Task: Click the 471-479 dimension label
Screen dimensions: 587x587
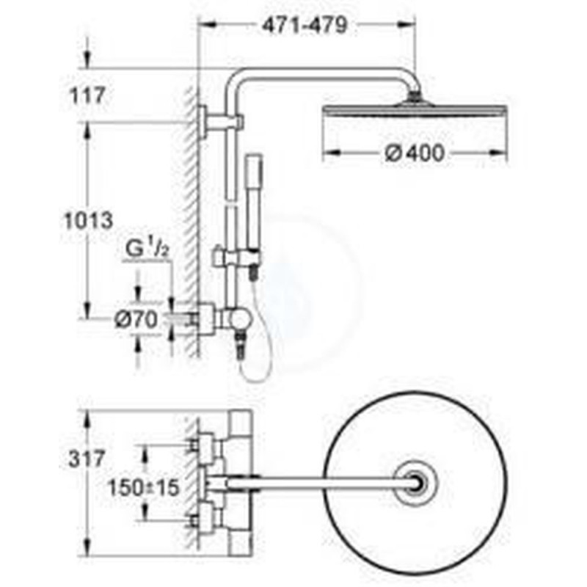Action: point(305,26)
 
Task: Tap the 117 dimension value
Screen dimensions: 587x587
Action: point(87,95)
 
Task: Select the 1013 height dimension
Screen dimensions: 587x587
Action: point(88,220)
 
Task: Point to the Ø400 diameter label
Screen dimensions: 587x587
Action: point(415,153)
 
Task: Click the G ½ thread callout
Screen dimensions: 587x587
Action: point(147,248)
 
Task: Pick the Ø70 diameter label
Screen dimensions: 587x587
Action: point(136,320)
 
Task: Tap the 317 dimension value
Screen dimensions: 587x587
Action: point(87,459)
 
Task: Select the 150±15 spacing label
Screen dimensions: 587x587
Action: point(143,488)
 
